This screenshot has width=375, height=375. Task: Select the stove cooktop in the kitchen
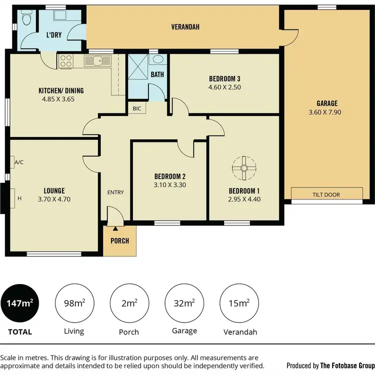(x=66, y=61)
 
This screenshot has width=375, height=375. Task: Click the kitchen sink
(x=97, y=61)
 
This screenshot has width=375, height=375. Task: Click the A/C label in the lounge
(x=19, y=162)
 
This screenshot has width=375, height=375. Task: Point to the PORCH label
(x=120, y=241)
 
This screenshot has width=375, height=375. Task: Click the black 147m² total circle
(x=20, y=303)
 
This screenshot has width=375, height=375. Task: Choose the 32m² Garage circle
(x=183, y=303)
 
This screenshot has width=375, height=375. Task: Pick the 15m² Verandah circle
(x=238, y=303)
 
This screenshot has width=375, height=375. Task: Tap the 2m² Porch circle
(x=129, y=303)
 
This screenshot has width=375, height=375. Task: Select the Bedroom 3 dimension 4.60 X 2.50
(x=224, y=87)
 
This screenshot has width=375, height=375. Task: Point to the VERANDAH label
(x=185, y=27)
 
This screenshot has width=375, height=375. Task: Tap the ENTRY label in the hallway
(x=115, y=192)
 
